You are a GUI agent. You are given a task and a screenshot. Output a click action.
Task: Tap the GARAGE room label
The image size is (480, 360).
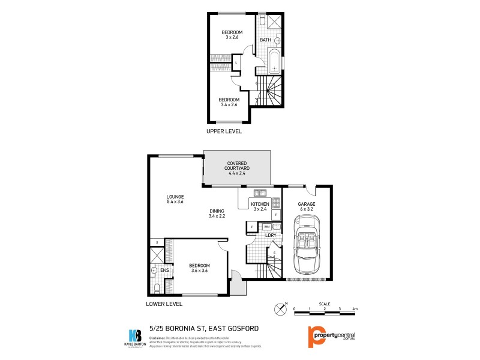tap(307, 204)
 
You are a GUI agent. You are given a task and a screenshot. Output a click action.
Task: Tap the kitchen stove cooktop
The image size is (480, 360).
tap(276, 203)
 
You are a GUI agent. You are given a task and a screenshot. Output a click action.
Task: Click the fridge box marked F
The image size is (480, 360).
tap(276, 214)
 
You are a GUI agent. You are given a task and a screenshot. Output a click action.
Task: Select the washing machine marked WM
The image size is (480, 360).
tap(266, 226)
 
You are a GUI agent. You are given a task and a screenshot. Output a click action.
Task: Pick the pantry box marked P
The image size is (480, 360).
tap(251, 226)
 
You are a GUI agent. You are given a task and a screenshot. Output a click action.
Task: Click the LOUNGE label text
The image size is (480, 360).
tap(175, 197)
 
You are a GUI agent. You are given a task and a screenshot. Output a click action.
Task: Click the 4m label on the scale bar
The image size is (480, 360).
tap(355, 309)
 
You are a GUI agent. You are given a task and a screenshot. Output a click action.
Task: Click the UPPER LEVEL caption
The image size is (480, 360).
tap(224, 131)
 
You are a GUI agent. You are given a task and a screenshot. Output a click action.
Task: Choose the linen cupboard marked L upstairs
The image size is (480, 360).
tap(236, 62)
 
